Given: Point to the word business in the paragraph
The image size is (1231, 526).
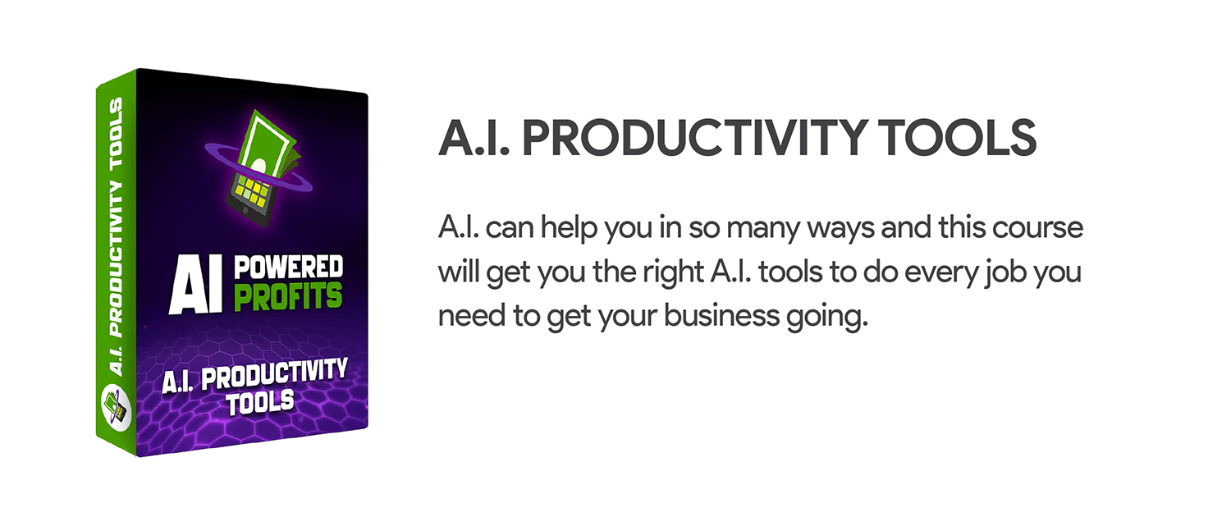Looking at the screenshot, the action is click(721, 315).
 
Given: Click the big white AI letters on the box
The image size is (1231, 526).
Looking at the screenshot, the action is click(195, 284).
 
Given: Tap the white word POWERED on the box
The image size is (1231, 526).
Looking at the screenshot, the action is click(289, 268).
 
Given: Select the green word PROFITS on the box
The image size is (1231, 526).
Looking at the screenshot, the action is click(288, 297).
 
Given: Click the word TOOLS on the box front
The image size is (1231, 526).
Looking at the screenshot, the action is click(260, 402).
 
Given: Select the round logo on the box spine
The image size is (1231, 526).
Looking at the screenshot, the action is click(117, 407).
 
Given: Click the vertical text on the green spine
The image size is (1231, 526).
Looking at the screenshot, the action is click(117, 237).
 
